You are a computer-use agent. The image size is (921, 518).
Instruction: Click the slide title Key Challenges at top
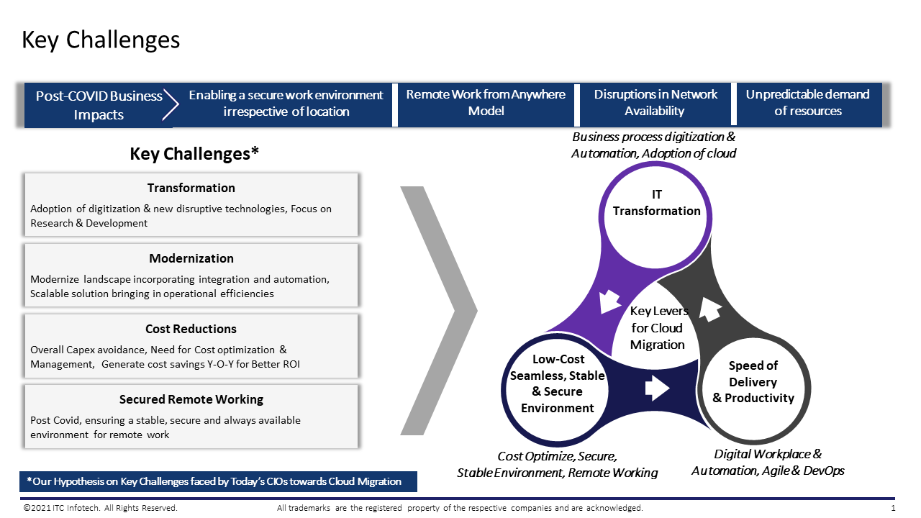[101, 40]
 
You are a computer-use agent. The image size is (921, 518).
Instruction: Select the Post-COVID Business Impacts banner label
[99, 105]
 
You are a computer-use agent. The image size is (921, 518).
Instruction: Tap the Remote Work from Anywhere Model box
[486, 103]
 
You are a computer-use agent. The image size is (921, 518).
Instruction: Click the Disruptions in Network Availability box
[655, 103]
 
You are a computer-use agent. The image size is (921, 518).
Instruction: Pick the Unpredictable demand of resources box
[807, 103]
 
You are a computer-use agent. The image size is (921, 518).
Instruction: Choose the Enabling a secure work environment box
[286, 103]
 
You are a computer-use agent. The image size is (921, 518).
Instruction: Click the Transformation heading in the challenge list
[191, 188]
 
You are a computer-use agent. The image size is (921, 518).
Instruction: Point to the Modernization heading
[191, 258]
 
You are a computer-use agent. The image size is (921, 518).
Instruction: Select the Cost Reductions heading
[191, 329]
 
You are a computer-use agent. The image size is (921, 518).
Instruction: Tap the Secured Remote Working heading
[191, 399]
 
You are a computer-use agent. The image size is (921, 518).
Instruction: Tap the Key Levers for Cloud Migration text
[658, 327]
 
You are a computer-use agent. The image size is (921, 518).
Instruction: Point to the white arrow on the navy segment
[656, 389]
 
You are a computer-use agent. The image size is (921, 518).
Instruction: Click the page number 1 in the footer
[893, 509]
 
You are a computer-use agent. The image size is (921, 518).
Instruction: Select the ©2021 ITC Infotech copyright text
[100, 509]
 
